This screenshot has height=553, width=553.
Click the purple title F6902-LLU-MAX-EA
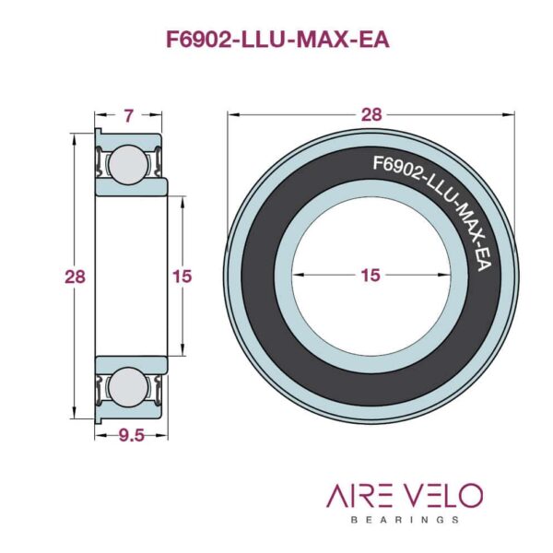coord(277,40)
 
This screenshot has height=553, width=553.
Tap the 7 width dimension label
coord(129,116)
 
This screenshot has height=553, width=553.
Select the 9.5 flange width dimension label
coord(131,436)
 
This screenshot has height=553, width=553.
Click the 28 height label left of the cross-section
coord(75,276)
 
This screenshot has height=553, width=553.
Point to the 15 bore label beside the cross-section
coord(182,276)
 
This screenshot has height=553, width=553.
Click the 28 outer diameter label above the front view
coord(371,115)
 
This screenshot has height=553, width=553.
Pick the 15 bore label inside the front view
coord(371,275)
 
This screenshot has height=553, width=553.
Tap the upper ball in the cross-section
coord(128,164)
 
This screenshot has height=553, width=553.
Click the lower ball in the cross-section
coord(128,387)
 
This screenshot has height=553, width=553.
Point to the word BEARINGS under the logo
coord(405,520)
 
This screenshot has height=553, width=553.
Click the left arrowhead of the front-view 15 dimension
coord(299,275)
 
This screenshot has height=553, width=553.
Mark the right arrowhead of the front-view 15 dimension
coord(443,275)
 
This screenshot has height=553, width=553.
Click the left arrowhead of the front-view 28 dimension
coord(234,114)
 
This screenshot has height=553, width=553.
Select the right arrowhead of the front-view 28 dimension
coord(508,114)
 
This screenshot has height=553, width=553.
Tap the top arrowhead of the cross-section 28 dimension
coord(74,140)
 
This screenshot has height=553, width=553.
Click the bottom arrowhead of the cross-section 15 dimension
coord(182,349)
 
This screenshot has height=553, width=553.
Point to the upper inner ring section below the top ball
coord(132,187)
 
